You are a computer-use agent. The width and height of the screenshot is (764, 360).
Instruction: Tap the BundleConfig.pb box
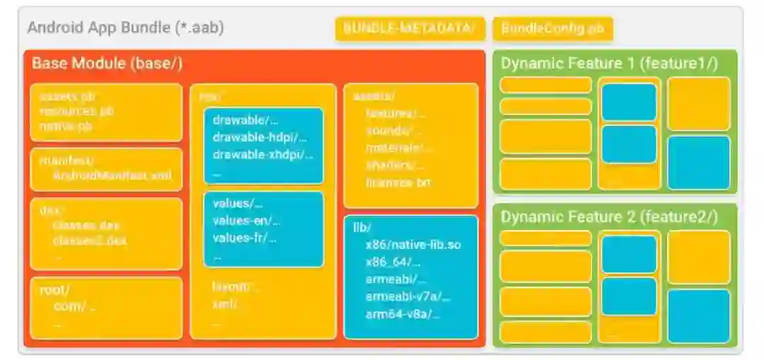coord(552,28)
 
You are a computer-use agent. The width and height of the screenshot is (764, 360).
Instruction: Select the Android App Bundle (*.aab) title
coord(125,28)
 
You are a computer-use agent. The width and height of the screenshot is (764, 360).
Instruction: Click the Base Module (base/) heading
coord(108,63)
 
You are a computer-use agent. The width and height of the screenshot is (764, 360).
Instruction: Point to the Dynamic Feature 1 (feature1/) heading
coord(609,63)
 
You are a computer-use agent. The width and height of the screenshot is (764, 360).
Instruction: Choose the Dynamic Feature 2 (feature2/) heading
coord(609,216)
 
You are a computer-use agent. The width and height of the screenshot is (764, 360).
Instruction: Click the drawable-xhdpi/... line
coord(262,154)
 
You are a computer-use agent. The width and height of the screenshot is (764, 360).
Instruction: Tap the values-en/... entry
coord(246,221)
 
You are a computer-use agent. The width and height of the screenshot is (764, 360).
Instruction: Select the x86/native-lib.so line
coord(413,245)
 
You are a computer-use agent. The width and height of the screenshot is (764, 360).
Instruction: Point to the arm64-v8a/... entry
coord(402,314)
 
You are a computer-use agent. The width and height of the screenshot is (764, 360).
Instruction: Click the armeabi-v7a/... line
coord(407,296)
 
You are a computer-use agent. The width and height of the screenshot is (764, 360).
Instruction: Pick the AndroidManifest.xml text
coord(112,176)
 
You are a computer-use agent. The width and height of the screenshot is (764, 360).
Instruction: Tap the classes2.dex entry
coord(91,240)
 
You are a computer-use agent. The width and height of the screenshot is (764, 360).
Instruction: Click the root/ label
coord(54,289)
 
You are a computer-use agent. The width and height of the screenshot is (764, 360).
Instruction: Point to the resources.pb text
coord(76,111)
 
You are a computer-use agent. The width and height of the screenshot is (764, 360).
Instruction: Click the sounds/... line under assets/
coord(393,131)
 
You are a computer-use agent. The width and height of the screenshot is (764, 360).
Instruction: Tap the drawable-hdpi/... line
coord(260,137)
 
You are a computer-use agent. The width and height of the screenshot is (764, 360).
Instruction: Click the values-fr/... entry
coord(244,238)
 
